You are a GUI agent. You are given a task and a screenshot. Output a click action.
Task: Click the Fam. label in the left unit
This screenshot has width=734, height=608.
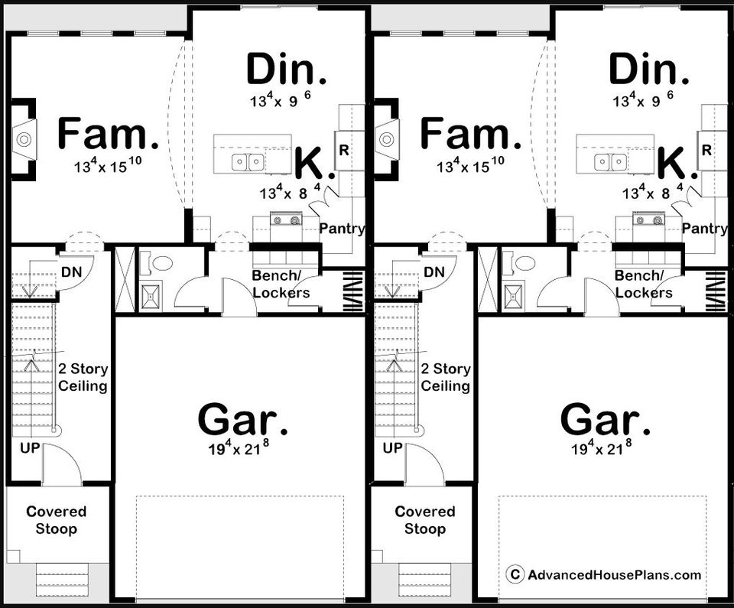(108, 134)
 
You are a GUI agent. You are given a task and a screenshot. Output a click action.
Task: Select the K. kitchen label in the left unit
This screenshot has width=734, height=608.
(314, 163)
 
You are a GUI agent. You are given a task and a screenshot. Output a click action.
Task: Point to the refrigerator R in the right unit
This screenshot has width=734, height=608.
(706, 150)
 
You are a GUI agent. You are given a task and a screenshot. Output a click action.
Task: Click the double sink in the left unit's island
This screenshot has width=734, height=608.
(248, 163)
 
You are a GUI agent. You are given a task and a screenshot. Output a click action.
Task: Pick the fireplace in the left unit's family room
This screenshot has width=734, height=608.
(24, 139)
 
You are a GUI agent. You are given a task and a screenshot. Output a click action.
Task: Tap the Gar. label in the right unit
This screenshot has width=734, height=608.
(606, 420)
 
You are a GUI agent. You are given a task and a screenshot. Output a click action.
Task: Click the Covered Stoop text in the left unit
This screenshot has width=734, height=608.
(56, 520)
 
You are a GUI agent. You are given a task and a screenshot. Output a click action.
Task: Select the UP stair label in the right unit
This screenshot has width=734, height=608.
(392, 448)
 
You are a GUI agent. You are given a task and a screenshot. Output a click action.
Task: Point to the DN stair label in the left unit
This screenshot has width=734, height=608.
(71, 271)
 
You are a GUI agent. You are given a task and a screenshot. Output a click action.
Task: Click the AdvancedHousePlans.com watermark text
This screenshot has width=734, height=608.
(614, 575)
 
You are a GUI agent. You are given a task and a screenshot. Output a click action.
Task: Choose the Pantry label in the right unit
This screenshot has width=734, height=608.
(705, 229)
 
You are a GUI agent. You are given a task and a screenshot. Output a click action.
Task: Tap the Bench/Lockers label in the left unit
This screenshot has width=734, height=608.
(281, 284)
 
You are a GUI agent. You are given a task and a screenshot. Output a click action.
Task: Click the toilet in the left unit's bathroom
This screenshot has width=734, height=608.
(161, 263)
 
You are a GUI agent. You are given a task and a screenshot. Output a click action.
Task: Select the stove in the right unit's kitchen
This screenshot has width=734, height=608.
(649, 219)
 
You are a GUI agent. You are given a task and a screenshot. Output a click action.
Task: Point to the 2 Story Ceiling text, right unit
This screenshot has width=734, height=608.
(446, 377)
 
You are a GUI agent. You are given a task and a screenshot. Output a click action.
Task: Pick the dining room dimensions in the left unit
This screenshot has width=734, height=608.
(281, 99)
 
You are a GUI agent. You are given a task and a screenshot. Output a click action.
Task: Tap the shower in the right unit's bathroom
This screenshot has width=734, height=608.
(514, 295)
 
